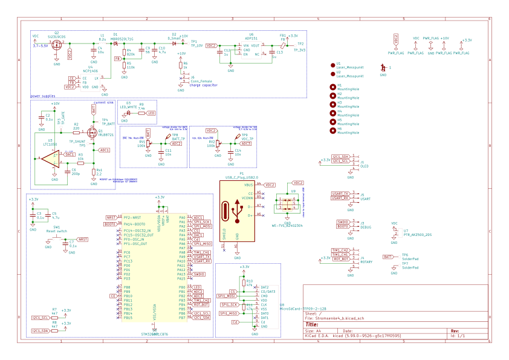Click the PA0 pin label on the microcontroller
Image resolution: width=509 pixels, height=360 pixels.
coord(182,217)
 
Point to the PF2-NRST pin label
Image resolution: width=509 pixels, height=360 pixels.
coord(132,217)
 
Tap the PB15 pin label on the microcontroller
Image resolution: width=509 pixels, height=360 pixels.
coord(128,318)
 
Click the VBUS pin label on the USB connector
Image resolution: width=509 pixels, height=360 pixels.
coord(248,185)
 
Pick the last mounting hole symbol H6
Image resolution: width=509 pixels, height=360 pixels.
coord(333,130)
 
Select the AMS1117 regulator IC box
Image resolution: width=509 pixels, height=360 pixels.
coord(251,49)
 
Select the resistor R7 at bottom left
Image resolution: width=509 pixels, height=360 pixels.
coord(54,316)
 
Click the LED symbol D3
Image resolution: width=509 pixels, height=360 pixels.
coord(129,112)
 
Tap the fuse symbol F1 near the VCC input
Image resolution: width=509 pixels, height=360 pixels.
coord(70,54)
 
